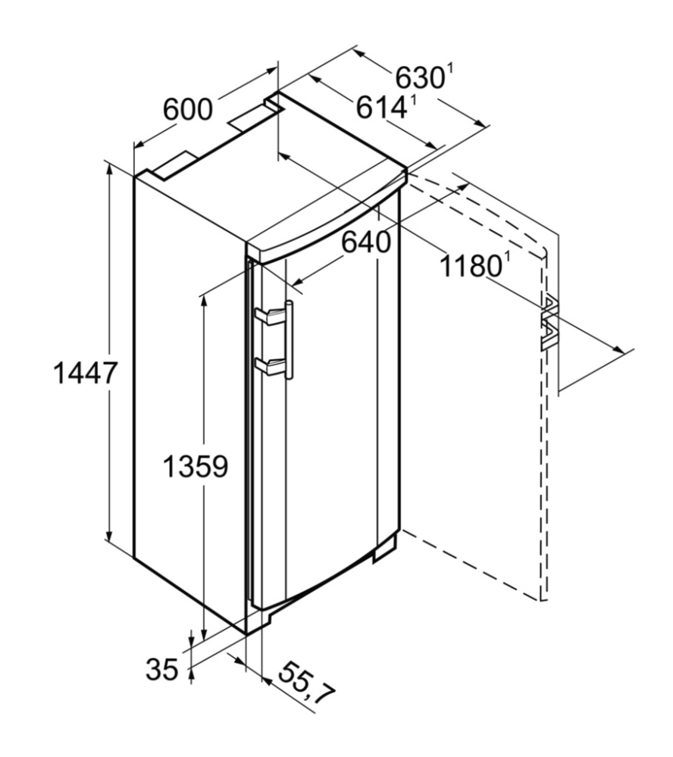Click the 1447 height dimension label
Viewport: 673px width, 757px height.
85,373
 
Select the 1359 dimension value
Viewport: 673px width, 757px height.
196,466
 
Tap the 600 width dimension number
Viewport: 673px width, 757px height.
187,109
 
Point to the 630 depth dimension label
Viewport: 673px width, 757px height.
420,77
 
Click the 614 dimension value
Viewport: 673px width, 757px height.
381,107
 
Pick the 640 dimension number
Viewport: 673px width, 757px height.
366,242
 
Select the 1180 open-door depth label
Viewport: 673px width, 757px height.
471,265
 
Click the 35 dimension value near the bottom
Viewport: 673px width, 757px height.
162,670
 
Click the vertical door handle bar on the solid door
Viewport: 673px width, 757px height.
290,340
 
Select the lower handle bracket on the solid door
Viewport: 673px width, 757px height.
271,365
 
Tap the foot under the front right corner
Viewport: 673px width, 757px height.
385,547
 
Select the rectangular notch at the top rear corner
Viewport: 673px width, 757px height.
273,102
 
